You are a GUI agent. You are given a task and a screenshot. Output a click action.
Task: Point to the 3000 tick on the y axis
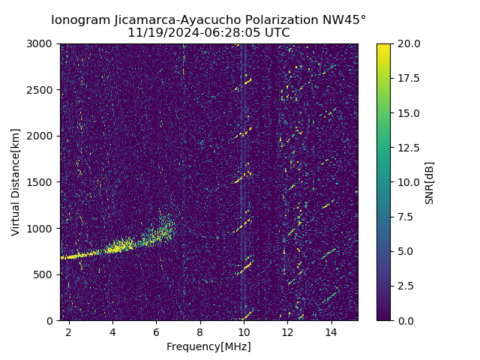42,44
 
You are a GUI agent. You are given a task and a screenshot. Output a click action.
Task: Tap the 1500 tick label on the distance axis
42,182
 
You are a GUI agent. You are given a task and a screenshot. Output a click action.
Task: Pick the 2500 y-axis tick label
42,90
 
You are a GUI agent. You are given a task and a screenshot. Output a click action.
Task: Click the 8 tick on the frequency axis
200,332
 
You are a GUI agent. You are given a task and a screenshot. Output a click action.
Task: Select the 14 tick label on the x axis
331,332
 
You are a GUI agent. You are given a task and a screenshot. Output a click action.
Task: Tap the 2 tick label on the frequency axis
69,332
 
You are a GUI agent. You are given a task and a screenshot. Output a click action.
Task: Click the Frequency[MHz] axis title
208,346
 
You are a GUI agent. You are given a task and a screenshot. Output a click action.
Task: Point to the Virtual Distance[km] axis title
16,182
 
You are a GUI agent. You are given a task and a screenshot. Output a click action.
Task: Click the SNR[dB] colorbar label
430,182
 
